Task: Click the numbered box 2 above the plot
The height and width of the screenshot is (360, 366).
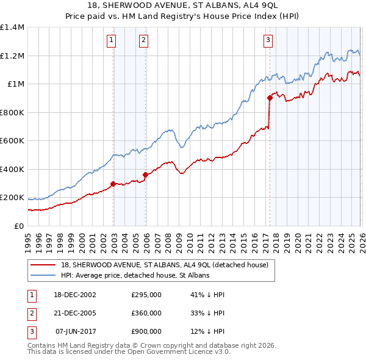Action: coord(143,41)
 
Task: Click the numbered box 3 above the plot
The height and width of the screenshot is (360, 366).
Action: coord(268,41)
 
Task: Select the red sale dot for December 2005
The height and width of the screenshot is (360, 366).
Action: coord(146,175)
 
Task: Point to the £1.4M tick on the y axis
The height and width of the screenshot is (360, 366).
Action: coord(12,27)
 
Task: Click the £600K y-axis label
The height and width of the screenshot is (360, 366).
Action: coord(12,141)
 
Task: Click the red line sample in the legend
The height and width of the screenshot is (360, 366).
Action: coord(43,265)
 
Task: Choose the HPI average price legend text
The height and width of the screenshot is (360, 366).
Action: coord(135,276)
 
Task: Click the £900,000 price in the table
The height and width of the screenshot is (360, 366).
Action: coord(146,332)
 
